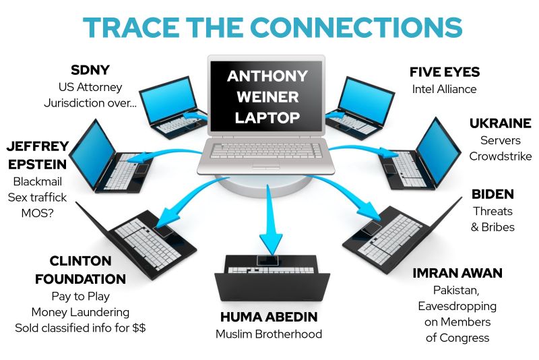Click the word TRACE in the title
pos(131,27)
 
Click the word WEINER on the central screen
pos(267,97)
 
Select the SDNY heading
pos(90,70)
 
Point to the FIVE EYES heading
pos(445,72)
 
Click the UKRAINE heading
pos(500,123)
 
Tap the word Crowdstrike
pos(500,156)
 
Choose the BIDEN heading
pos(493,194)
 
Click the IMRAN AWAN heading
pos(457,273)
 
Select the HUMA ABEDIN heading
pos(269,317)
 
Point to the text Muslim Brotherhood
pos(269,334)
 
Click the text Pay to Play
pos(80,297)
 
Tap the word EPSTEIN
pos(37,164)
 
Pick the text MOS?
pos(38,214)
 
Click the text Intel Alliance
pos(444,90)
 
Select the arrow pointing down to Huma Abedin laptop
pos(270,220)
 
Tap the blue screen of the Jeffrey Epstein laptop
pos(92,154)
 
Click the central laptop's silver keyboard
pos(266,151)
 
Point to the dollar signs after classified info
pos(139,328)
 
